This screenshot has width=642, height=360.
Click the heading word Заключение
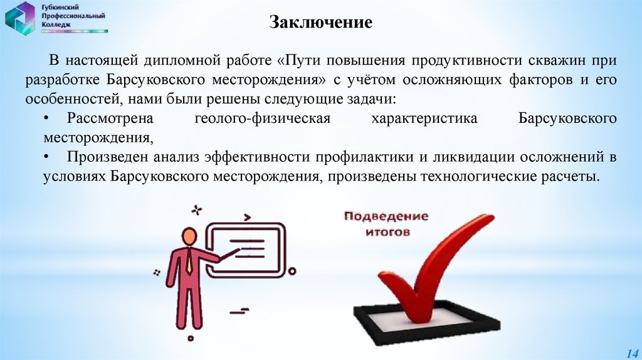[321, 23]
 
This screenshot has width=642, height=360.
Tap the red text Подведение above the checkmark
[386, 217]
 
